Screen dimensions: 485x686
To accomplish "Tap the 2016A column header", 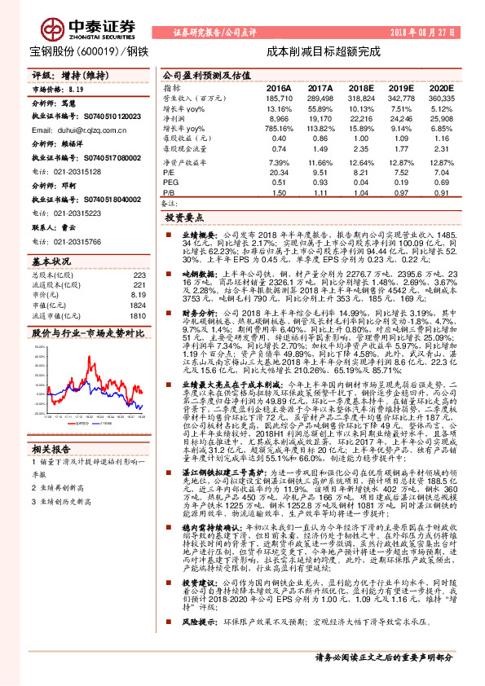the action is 279,87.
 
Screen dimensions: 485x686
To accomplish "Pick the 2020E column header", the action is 439,87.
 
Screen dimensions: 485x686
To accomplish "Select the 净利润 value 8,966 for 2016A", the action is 279,118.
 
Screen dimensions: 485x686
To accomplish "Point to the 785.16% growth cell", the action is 277,129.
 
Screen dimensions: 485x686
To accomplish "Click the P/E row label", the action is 168,172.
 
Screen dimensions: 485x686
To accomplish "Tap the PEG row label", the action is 170,182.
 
